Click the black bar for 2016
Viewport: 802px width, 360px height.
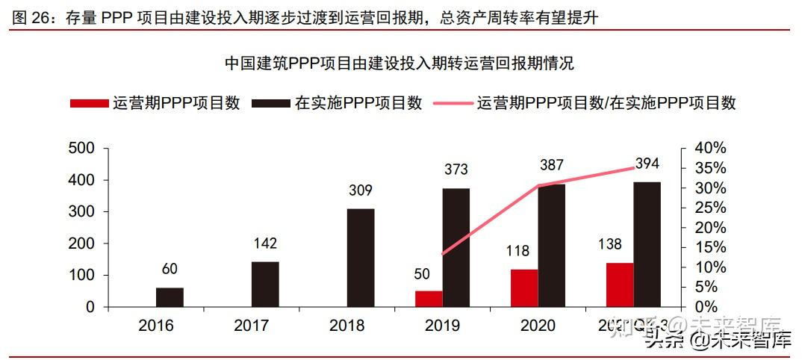tap(170, 297)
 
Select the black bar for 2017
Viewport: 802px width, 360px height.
tap(265, 284)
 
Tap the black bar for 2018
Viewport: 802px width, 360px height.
tap(361, 258)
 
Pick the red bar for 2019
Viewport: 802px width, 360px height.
tap(429, 299)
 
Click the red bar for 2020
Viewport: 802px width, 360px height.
tap(524, 288)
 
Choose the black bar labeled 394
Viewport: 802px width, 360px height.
tap(647, 244)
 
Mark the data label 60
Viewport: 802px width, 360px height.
tap(170, 269)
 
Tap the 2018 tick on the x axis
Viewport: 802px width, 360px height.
tap(347, 326)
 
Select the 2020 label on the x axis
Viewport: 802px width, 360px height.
tap(538, 326)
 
